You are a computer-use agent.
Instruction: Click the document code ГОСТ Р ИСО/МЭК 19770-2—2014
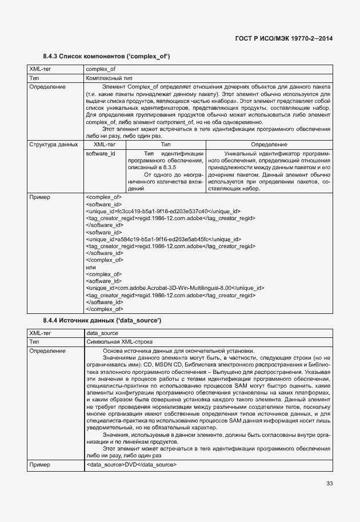point(283,38)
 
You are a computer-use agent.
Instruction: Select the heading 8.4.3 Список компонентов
point(107,56)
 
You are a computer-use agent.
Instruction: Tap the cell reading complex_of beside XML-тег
point(101,69)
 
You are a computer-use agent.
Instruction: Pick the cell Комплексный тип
point(109,78)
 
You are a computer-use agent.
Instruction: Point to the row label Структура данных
point(54,145)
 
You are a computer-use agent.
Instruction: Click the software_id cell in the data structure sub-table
point(101,154)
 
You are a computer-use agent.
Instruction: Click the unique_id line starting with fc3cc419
point(163,211)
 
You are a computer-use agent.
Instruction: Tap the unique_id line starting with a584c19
point(163,239)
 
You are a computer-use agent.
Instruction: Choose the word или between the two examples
point(90,267)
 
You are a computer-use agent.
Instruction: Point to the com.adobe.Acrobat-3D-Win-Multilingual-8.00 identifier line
point(174,288)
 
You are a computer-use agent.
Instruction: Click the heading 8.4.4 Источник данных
point(102,320)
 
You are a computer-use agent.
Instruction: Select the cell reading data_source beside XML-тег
point(102,333)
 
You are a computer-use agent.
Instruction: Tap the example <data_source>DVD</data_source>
point(131,465)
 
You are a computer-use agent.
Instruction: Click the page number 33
point(329,484)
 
